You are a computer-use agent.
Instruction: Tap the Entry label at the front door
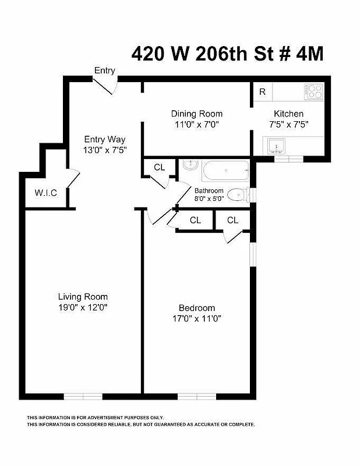tap(105, 70)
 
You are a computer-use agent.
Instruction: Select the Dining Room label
tap(196, 114)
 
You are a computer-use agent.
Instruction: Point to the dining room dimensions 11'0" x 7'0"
tap(196, 124)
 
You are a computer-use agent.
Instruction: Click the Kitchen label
tap(289, 114)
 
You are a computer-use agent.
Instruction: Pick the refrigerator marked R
tap(263, 91)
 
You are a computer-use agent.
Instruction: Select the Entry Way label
tap(105, 139)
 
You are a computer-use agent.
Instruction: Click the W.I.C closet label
tap(45, 193)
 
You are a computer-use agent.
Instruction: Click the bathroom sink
tap(189, 166)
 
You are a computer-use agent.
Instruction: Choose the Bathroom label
tap(209, 190)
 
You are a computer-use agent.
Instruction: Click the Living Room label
tap(82, 296)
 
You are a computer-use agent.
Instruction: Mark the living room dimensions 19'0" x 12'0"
tap(82, 307)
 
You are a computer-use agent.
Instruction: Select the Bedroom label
tap(197, 308)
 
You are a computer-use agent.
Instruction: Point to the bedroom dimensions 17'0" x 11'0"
tap(197, 318)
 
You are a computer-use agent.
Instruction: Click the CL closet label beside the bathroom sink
tap(160, 167)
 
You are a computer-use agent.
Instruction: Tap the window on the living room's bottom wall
tap(83, 397)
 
